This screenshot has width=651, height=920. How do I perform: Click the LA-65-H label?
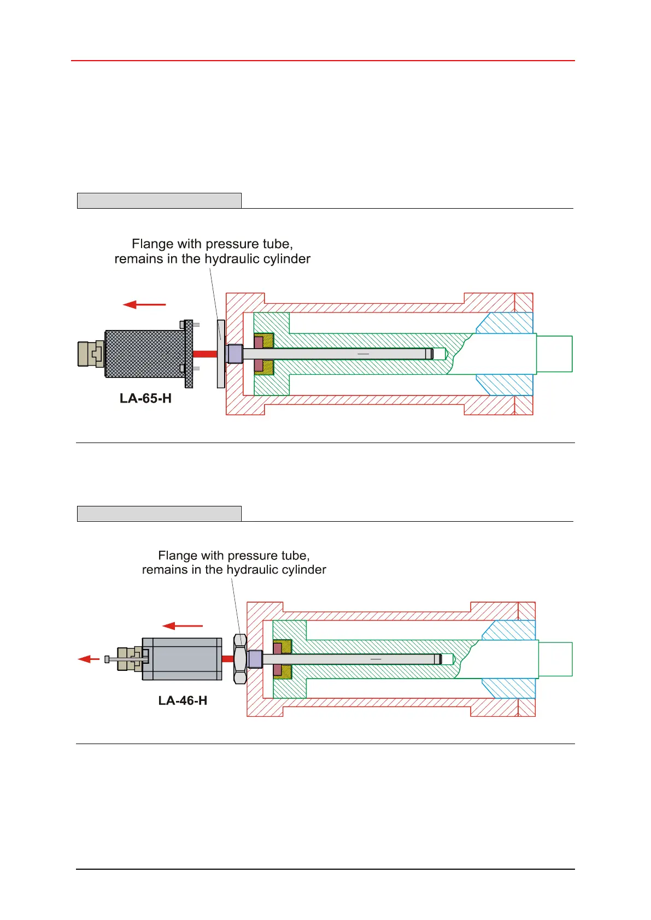click(x=145, y=398)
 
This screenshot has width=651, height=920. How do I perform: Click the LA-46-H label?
click(x=183, y=700)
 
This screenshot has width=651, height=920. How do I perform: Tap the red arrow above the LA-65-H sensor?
click(x=144, y=304)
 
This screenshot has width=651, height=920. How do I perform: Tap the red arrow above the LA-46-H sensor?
click(x=183, y=626)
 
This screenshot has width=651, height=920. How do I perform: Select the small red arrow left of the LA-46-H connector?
click(x=88, y=659)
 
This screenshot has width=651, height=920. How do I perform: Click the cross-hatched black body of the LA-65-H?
click(x=145, y=353)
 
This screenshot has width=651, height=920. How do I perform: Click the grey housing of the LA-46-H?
click(x=183, y=659)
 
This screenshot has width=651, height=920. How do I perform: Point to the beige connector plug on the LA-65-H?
click(x=90, y=353)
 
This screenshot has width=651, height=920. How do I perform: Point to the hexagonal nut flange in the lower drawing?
click(x=240, y=659)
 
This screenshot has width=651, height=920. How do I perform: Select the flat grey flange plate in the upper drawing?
click(x=221, y=353)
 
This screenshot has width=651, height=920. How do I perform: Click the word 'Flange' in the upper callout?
click(x=151, y=244)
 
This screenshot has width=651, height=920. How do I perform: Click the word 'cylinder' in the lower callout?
click(x=304, y=570)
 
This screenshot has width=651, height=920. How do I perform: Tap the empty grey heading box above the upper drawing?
click(x=159, y=200)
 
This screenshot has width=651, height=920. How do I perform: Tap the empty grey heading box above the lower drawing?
click(x=159, y=514)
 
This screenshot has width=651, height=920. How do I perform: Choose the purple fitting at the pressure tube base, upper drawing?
click(x=234, y=354)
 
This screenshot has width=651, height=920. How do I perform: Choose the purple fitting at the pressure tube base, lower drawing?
click(x=255, y=659)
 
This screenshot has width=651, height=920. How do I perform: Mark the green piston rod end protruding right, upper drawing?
click(x=554, y=354)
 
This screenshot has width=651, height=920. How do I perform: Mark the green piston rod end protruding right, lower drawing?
click(x=555, y=659)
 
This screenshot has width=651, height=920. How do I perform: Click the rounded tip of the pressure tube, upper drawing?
click(x=439, y=354)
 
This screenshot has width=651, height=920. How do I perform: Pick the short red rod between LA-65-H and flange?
click(x=205, y=354)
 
